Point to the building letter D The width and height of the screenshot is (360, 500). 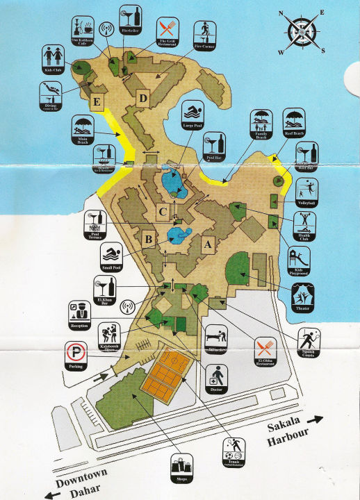(142, 97)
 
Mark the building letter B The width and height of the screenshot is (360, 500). (147, 241)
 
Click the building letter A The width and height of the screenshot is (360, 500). (206, 244)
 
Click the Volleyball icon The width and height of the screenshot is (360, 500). (306, 189)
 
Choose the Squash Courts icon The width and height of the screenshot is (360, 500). (310, 340)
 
